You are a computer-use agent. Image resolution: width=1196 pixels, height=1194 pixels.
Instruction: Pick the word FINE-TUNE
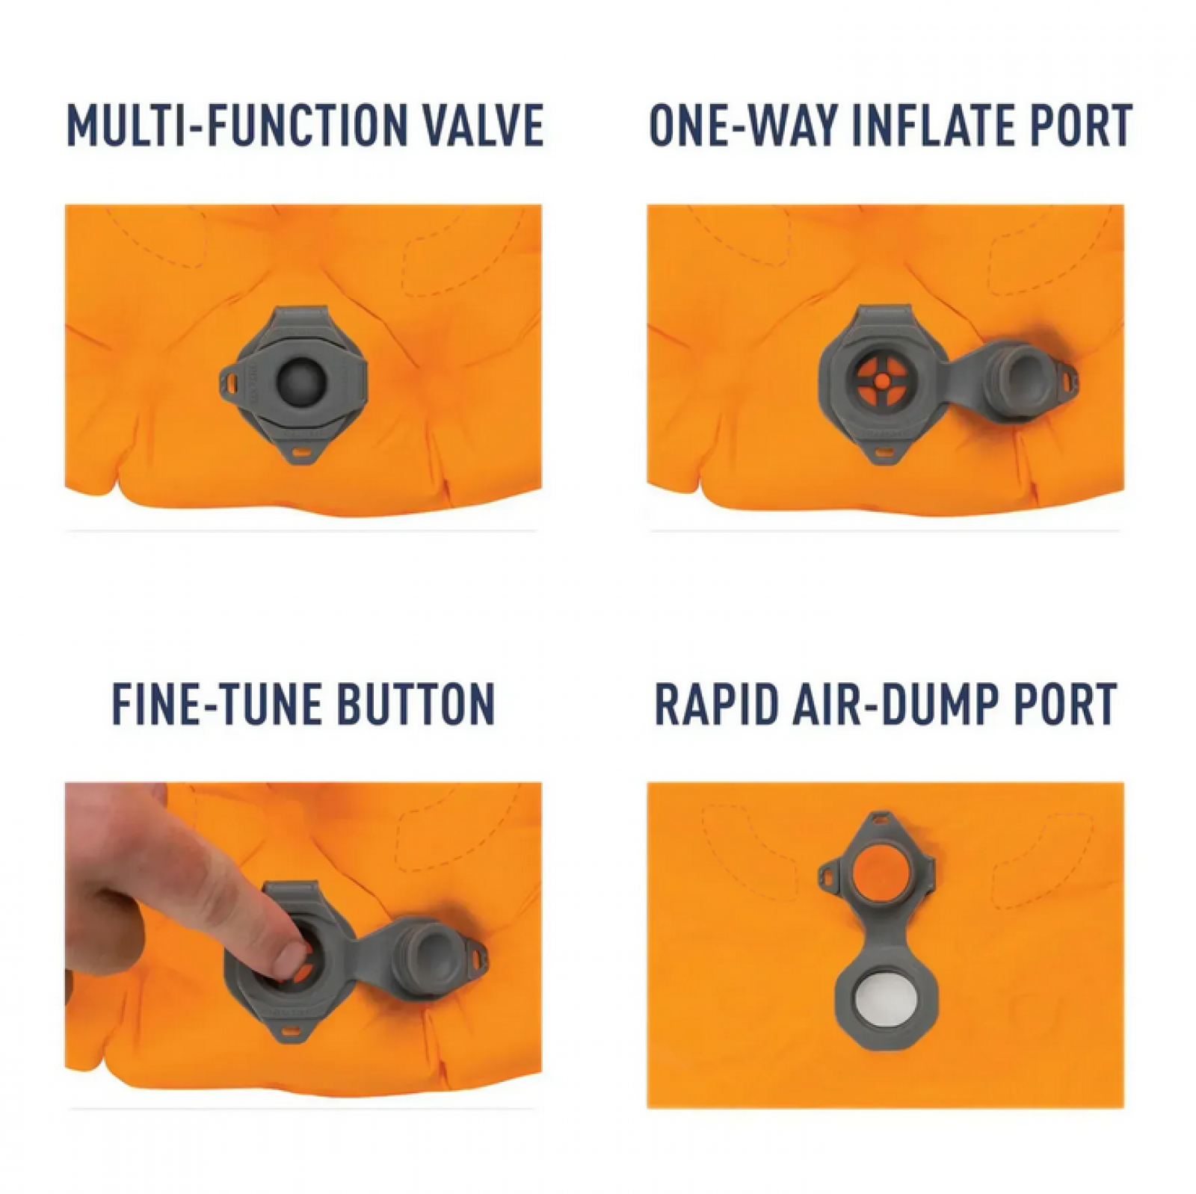coord(217,703)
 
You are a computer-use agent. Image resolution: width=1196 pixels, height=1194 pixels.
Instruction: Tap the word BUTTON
coord(416,703)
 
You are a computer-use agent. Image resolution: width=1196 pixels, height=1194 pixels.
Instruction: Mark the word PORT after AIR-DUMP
coord(1064,703)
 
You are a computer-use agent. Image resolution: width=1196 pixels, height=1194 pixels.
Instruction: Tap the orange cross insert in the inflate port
coord(882,380)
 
